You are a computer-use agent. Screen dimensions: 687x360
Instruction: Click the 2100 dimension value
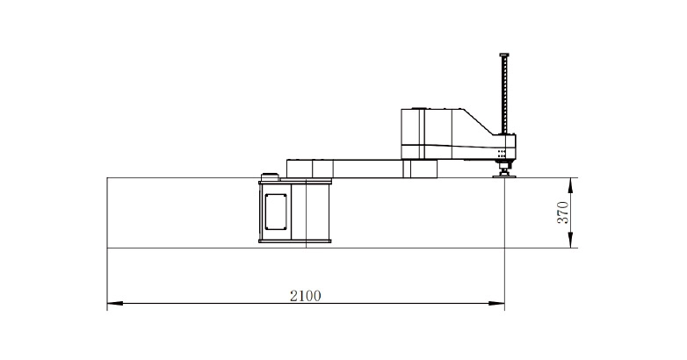(x=306, y=296)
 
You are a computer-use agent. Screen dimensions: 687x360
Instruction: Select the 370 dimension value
(x=562, y=212)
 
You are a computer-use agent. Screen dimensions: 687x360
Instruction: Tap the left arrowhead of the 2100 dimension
(x=115, y=303)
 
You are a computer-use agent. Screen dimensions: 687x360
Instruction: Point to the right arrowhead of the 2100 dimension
(x=497, y=303)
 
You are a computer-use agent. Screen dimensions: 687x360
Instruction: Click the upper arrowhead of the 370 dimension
(x=570, y=185)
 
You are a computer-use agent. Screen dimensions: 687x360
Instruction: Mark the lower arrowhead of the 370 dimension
(x=570, y=240)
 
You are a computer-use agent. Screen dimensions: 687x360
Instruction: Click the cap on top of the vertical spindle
(x=504, y=54)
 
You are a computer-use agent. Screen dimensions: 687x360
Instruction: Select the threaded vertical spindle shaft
(x=504, y=95)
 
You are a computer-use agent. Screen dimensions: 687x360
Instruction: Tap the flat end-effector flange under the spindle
(x=504, y=176)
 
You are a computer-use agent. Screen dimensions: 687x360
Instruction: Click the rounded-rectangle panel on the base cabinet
(x=276, y=212)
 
